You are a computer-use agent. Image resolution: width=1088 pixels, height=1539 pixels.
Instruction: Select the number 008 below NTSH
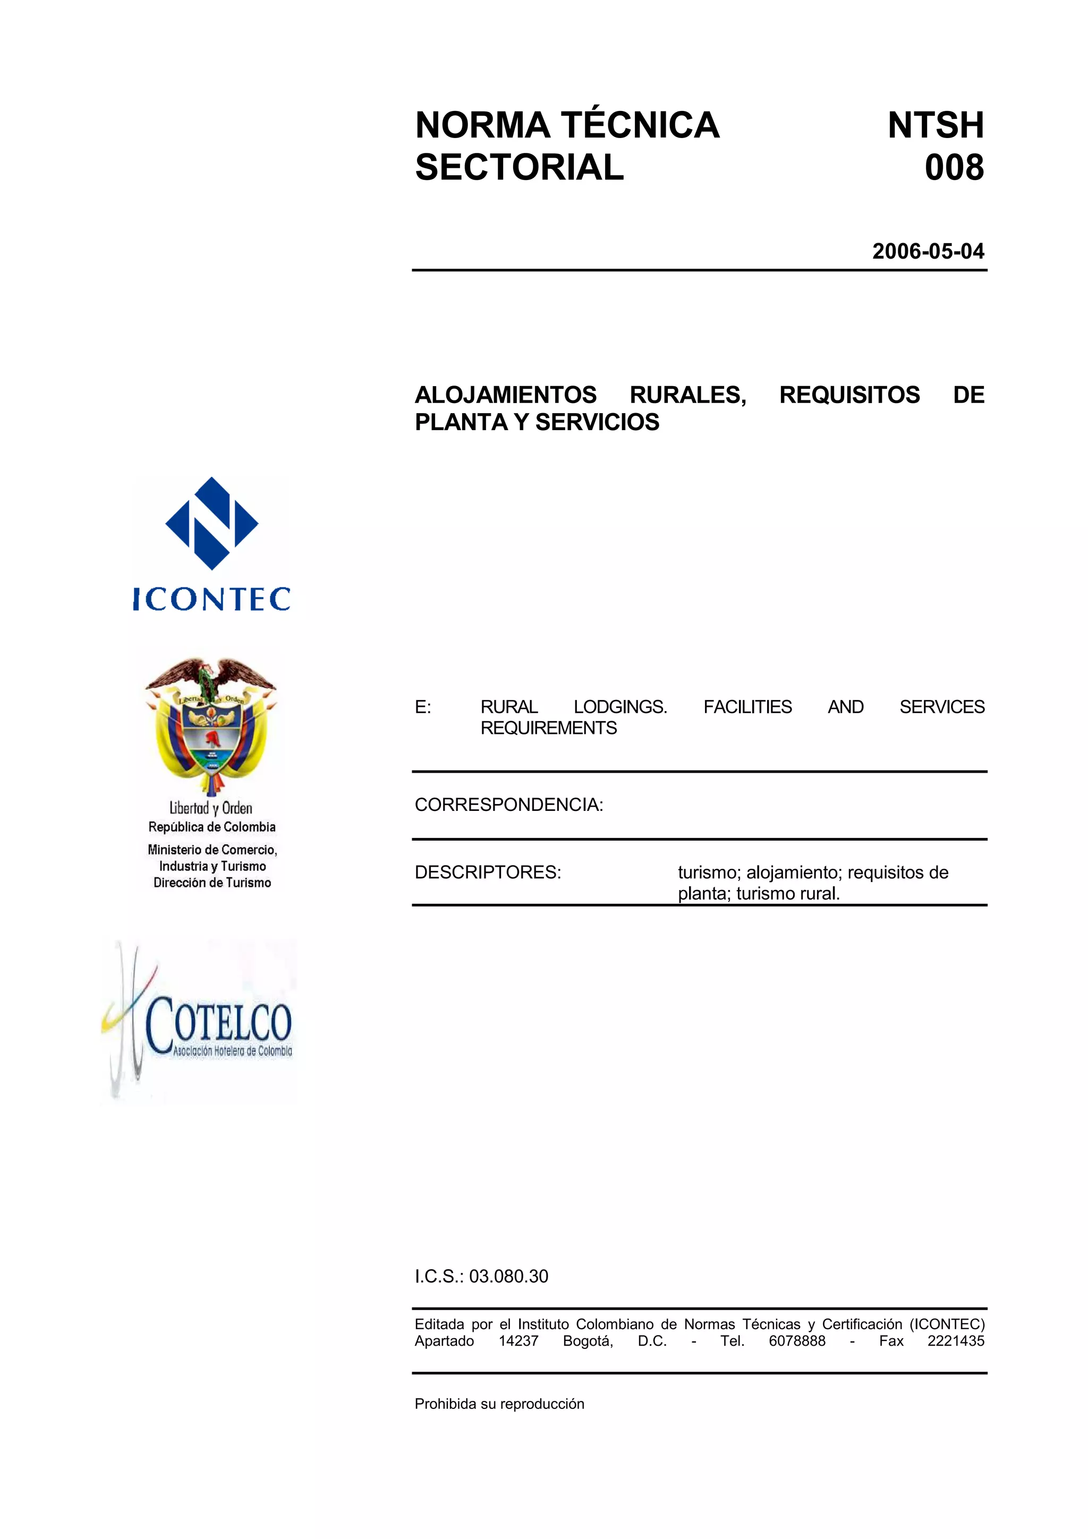pyautogui.click(x=954, y=168)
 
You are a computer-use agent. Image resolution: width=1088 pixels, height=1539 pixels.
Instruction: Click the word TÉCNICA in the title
pyautogui.click(x=640, y=125)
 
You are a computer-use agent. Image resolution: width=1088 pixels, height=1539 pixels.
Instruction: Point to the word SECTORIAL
pyautogui.click(x=519, y=168)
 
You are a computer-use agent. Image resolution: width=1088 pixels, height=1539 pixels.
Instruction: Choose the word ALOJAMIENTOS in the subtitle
pyautogui.click(x=505, y=395)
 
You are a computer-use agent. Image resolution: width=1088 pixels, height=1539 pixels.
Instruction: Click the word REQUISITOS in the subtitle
pyautogui.click(x=849, y=395)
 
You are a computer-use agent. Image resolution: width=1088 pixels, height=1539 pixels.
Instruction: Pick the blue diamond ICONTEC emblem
pyautogui.click(x=212, y=524)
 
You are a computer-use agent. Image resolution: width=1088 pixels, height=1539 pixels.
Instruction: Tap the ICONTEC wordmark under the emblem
pyautogui.click(x=212, y=598)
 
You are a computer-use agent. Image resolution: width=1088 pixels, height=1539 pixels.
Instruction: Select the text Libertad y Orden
pyautogui.click(x=210, y=808)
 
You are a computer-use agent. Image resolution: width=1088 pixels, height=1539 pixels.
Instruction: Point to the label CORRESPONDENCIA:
pyautogui.click(x=509, y=805)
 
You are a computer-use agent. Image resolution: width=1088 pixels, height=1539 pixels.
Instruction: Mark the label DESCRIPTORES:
pyautogui.click(x=487, y=873)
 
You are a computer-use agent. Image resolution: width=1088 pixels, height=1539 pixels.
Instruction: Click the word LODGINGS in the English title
pyautogui.click(x=620, y=707)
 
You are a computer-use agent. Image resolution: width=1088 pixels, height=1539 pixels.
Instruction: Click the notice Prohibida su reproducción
pyautogui.click(x=499, y=1404)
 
